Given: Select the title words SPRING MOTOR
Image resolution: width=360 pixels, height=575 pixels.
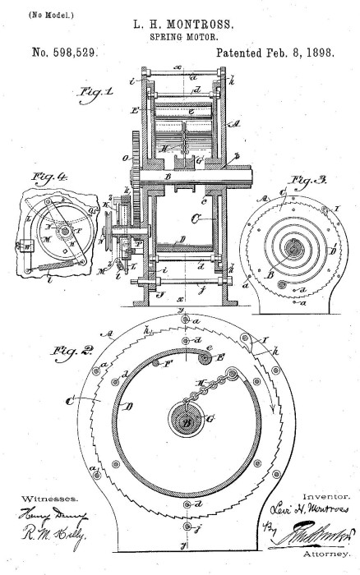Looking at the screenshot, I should [x=180, y=37].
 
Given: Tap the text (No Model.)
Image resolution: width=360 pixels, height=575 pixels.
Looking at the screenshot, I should [x=28, y=14].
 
